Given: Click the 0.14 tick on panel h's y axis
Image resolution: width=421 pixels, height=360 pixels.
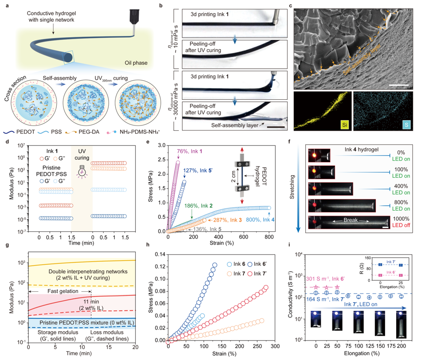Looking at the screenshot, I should (x=160, y=255).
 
